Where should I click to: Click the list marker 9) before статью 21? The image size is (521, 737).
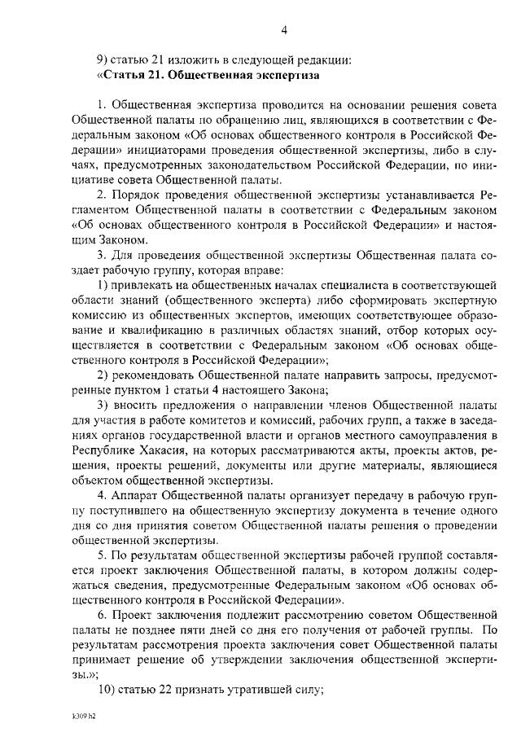point(103,59)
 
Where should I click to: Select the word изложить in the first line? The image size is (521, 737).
point(195,59)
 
